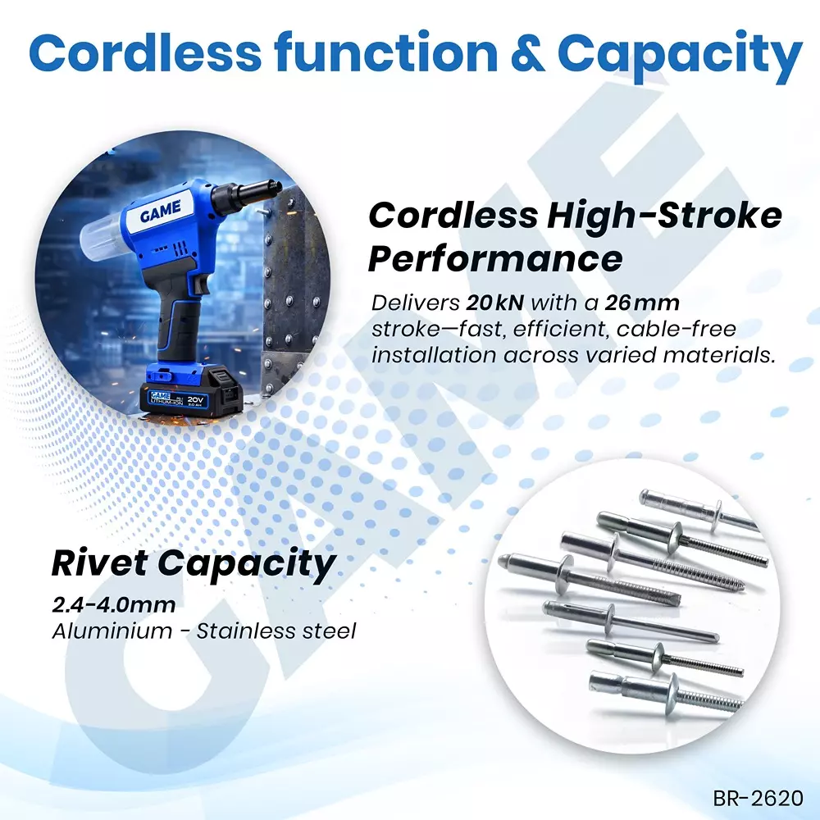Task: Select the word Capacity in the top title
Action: click(x=679, y=54)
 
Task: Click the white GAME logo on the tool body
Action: click(x=166, y=216)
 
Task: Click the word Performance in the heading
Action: click(x=495, y=259)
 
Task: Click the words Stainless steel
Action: click(x=276, y=631)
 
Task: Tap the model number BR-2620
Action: click(x=758, y=797)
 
